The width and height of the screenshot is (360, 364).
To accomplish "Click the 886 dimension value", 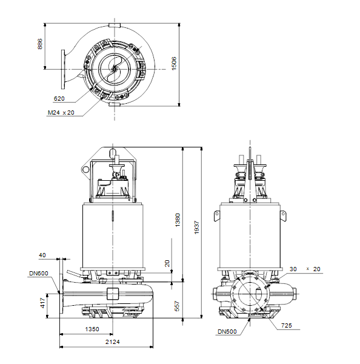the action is (x=40, y=44).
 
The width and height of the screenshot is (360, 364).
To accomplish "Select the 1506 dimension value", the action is (x=174, y=63).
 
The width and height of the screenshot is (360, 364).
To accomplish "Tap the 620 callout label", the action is (x=59, y=99).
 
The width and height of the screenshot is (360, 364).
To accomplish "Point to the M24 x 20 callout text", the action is (x=61, y=113).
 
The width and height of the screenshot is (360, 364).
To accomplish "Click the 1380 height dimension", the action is (x=178, y=220).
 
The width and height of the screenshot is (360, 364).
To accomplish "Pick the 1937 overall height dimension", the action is (x=197, y=227).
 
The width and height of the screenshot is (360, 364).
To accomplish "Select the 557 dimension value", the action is (x=177, y=306).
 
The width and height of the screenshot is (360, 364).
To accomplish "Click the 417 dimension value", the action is (x=42, y=303).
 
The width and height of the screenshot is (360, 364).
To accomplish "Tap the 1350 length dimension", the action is (x=92, y=329).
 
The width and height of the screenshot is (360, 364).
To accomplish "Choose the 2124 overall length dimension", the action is (x=113, y=342).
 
